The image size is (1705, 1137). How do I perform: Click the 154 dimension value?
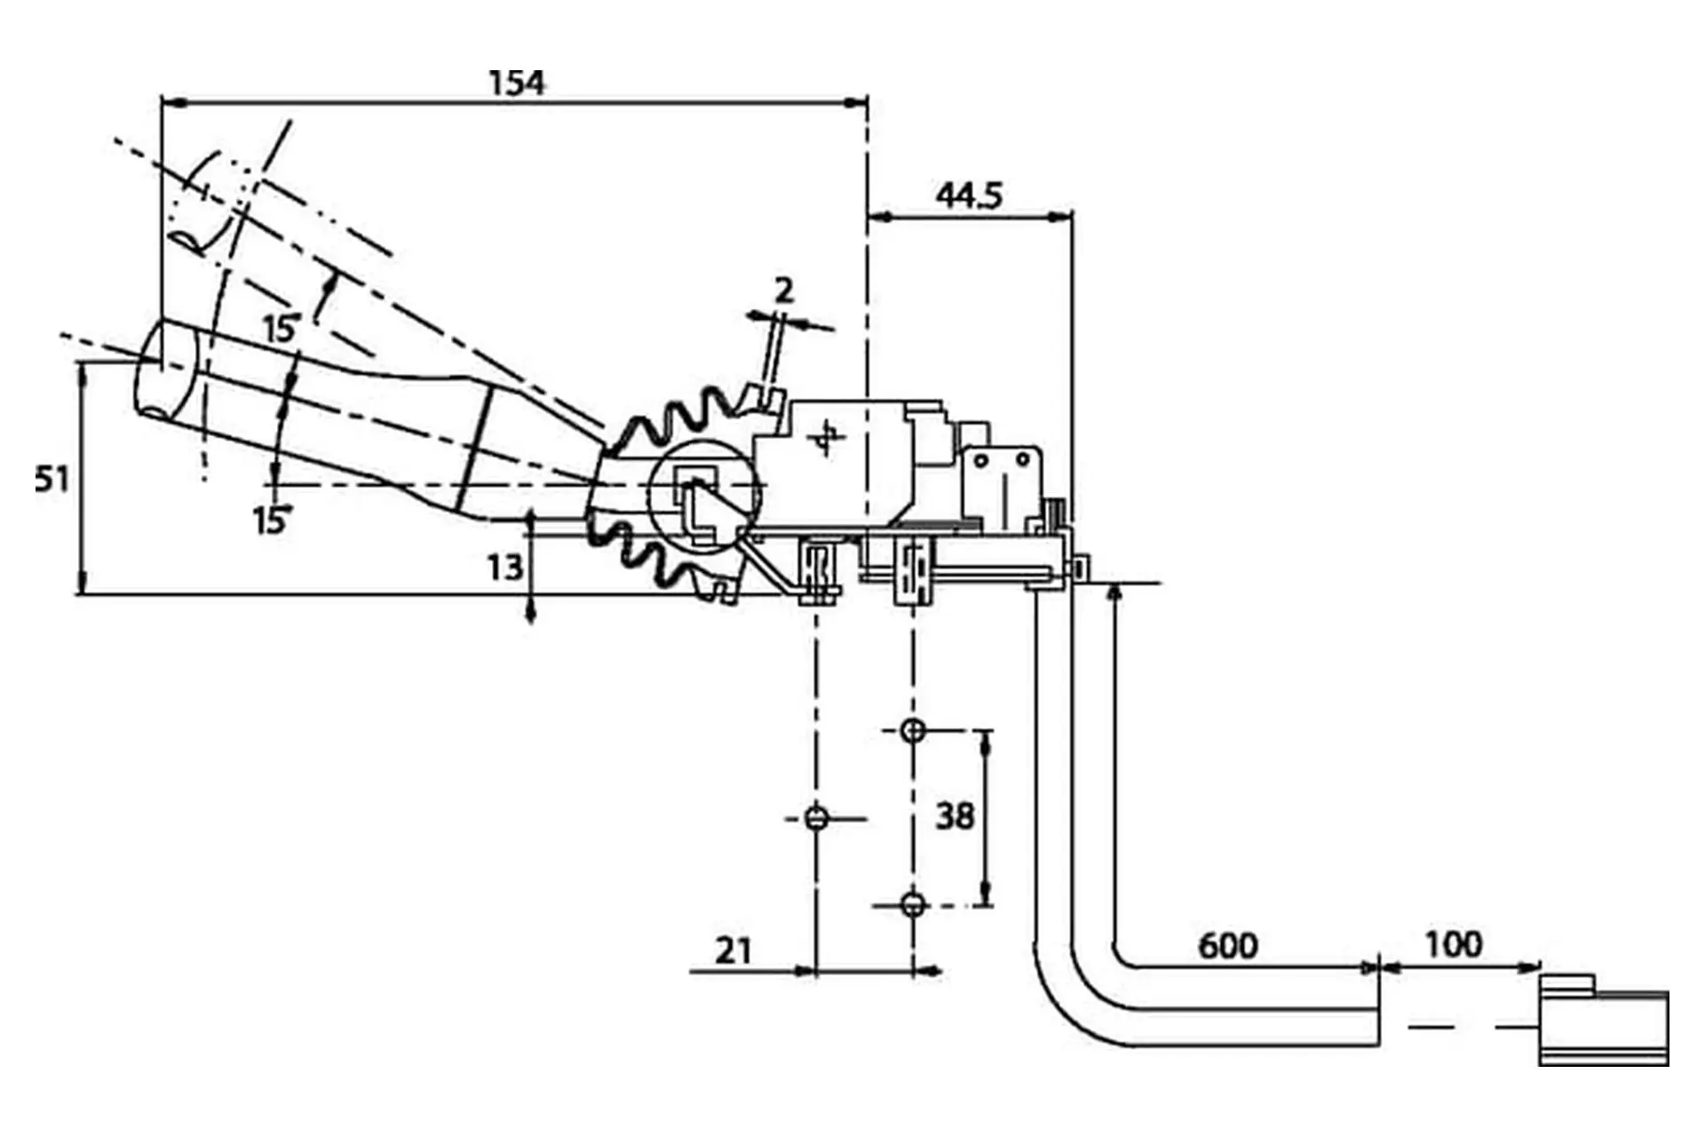[x=517, y=83]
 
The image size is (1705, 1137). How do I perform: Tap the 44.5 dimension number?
[x=970, y=195]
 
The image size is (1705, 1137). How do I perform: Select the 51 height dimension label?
[x=52, y=480]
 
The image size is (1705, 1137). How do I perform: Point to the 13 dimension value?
[x=504, y=568]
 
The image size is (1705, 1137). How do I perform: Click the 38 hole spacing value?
[x=955, y=815]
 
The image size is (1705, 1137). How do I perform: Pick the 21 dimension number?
[x=734, y=951]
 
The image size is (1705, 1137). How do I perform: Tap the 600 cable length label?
[x=1228, y=946]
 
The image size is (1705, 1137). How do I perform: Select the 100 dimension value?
[x=1454, y=944]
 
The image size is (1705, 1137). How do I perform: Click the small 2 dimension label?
[x=783, y=290]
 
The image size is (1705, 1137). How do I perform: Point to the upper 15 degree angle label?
[x=281, y=329]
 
